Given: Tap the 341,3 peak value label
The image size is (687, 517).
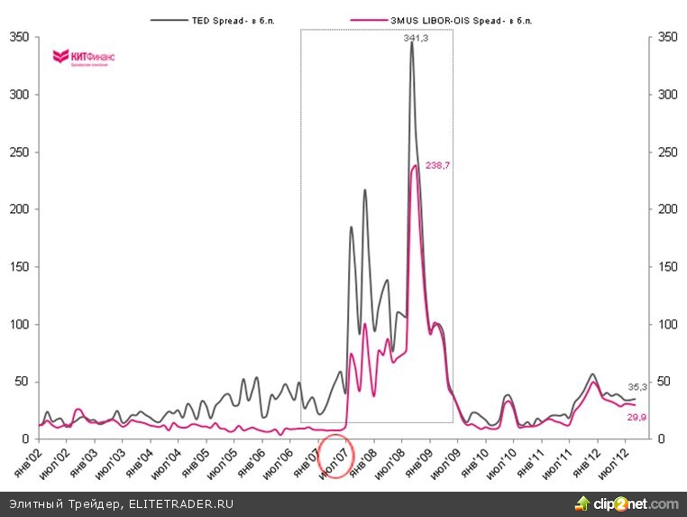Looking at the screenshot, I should [x=416, y=38].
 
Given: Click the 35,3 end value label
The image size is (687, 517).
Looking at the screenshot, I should [x=637, y=386].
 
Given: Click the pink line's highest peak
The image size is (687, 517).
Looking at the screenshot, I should [x=415, y=165].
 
